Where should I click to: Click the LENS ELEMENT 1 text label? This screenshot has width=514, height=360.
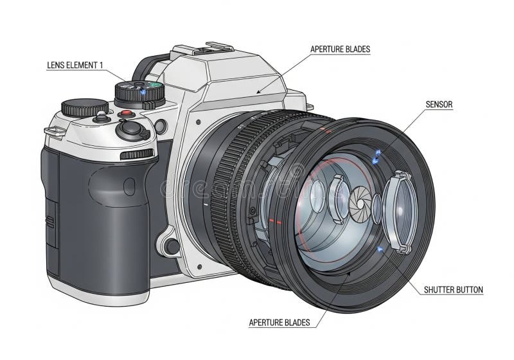(x=75, y=65)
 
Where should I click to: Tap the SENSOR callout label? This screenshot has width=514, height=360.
(x=439, y=105)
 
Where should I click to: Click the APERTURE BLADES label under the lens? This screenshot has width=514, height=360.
(x=279, y=323)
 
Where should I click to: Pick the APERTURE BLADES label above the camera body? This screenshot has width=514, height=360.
(x=341, y=50)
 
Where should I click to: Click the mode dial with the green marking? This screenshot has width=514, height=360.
(x=139, y=93)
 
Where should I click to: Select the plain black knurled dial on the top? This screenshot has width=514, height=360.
(x=85, y=107)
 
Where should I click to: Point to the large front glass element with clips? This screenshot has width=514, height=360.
(x=400, y=212)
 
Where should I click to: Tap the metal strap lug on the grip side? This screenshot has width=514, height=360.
(x=55, y=131)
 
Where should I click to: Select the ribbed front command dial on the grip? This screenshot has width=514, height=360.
(x=137, y=154)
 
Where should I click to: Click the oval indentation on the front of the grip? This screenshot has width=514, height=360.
(x=129, y=186)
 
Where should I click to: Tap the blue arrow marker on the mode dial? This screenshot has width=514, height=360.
(x=143, y=93)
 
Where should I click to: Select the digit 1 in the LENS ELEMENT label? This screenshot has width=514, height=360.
(x=101, y=65)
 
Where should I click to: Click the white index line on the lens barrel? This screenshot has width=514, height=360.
(x=206, y=205)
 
